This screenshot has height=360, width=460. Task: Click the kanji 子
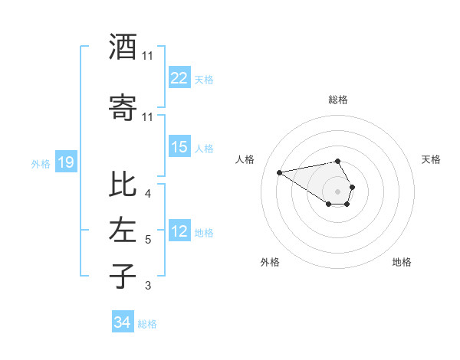(x=123, y=276)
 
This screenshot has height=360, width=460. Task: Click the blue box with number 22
(x=179, y=78)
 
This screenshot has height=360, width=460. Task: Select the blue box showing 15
(x=179, y=147)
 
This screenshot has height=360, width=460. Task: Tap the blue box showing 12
(x=179, y=231)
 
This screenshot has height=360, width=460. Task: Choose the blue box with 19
(x=66, y=162)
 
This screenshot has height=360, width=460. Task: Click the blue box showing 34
(x=123, y=322)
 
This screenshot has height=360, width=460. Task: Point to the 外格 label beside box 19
(x=41, y=163)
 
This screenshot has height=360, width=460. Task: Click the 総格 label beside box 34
(x=147, y=324)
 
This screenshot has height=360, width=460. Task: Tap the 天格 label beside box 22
(x=203, y=79)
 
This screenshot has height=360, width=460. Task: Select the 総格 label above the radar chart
(x=337, y=100)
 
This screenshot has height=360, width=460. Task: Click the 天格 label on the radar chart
(x=432, y=159)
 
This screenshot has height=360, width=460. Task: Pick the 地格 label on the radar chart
(x=402, y=262)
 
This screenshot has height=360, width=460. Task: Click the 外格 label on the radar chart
(x=270, y=262)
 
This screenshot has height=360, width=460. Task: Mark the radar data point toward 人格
(x=280, y=172)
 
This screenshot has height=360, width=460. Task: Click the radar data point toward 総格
(x=337, y=161)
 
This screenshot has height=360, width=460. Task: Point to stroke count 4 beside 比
(x=147, y=194)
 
